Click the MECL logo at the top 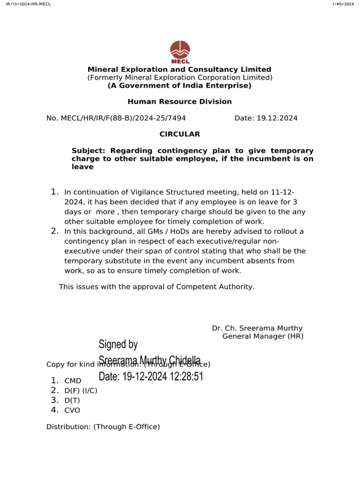pos(180,52)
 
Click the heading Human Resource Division pos(180,102)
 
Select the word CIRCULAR pos(180,134)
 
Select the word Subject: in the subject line pos(89,150)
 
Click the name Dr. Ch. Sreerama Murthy pos(257,328)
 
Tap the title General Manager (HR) pos(262,336)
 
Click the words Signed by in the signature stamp pos(118,345)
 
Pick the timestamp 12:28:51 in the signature pos(186,376)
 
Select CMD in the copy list pos(73,381)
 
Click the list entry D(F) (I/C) pos(81,391)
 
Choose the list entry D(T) pos(73,401)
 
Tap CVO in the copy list pos(72,411)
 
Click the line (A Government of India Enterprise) pos(180,85)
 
